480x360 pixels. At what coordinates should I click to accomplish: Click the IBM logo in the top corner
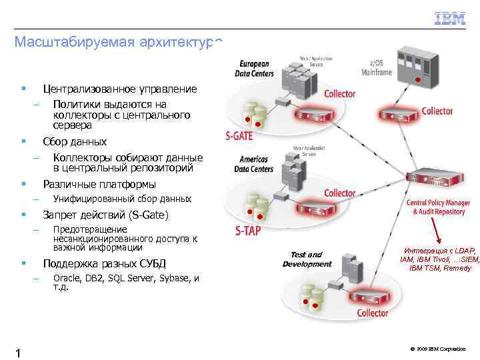click(450, 19)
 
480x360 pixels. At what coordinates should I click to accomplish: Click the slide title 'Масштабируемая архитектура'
click(117, 42)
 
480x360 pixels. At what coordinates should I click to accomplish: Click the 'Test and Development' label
click(306, 259)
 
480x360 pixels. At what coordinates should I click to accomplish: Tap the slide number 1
click(18, 353)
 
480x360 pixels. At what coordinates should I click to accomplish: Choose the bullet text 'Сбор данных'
click(75, 141)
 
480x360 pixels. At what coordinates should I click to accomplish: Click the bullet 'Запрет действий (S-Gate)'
click(105, 215)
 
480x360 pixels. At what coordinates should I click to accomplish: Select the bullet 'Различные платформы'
click(99, 184)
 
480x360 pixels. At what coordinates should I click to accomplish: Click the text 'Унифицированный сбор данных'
click(122, 199)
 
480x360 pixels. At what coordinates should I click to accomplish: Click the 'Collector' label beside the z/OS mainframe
click(437, 111)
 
